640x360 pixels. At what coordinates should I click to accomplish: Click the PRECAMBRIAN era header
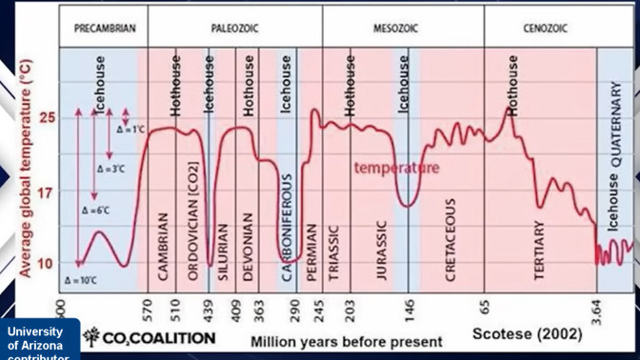105,29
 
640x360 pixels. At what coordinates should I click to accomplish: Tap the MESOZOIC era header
396,29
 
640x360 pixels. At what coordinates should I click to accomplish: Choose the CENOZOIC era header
545,29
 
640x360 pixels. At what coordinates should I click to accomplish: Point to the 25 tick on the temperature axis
48,117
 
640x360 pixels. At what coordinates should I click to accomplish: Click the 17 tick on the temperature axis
48,191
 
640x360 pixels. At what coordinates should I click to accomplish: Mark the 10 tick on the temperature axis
48,263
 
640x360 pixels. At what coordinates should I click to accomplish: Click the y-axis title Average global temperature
26,168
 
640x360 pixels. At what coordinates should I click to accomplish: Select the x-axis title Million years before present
346,341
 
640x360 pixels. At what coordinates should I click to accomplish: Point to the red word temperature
396,169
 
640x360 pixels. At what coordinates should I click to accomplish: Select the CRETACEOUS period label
450,239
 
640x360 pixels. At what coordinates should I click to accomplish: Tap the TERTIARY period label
539,250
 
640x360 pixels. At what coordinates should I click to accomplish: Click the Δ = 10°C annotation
82,281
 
